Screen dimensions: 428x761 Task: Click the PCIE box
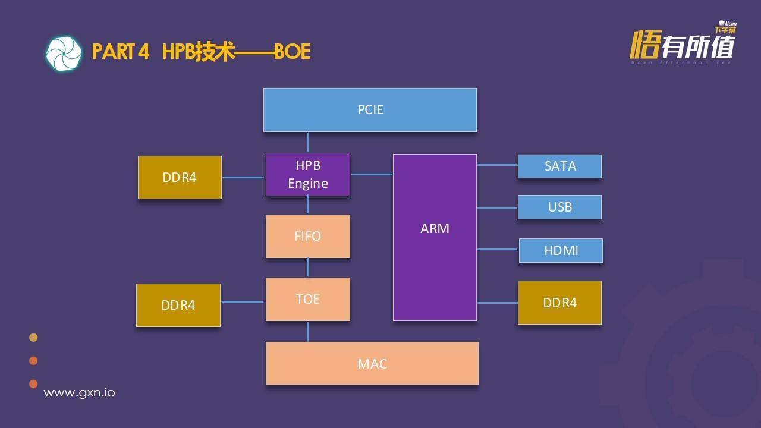[370, 110]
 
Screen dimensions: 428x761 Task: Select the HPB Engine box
[307, 174]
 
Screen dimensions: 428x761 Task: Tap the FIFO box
[307, 236]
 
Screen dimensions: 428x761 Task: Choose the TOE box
[307, 299]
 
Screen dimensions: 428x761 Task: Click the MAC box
[372, 363]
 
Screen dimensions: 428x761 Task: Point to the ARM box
[435, 237]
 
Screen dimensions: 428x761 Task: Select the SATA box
[559, 166]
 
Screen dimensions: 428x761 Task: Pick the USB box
[559, 207]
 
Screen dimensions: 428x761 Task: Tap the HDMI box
[561, 250]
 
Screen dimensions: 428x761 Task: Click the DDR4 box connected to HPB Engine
[180, 177]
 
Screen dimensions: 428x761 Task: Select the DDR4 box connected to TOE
[178, 305]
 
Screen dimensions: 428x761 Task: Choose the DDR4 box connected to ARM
[559, 303]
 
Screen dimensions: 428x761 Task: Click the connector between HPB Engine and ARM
[372, 174]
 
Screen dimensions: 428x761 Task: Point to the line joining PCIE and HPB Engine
[308, 142]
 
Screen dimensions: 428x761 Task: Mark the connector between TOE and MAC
[307, 331]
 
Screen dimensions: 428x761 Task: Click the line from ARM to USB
[497, 208]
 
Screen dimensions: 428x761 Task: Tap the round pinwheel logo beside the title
[64, 53]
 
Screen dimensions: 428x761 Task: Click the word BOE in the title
[292, 52]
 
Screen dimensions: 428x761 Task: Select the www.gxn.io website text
[79, 393]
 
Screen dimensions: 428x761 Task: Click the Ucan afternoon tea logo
[683, 43]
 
